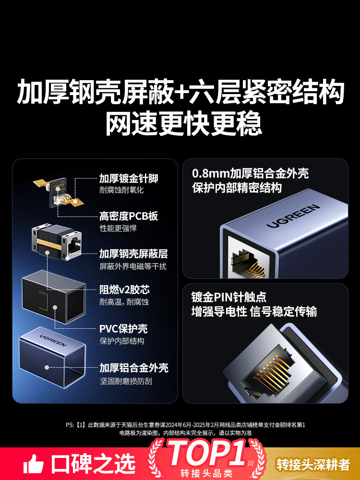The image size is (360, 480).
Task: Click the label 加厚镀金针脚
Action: click(x=129, y=178)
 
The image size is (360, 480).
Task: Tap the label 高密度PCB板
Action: click(x=129, y=216)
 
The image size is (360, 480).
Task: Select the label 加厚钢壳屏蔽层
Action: click(x=133, y=254)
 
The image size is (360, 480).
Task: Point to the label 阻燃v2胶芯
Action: click(x=124, y=289)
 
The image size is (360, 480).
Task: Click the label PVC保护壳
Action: click(x=123, y=328)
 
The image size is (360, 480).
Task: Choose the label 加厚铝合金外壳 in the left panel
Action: click(x=134, y=368)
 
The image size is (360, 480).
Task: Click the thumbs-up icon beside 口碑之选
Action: click(x=34, y=464)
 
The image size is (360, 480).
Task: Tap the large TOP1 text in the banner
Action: click(x=207, y=454)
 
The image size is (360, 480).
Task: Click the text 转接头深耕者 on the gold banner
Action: click(x=313, y=464)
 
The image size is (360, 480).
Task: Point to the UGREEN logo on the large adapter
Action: click(x=293, y=216)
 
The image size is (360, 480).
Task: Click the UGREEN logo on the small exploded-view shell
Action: click(x=53, y=340)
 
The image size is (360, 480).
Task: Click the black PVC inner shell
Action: click(x=54, y=296)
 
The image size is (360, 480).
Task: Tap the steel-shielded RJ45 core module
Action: click(x=57, y=242)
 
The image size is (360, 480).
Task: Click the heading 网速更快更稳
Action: click(x=184, y=124)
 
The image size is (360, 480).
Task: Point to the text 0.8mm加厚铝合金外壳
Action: click(x=250, y=174)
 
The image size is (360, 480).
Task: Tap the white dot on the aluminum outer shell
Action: click(x=47, y=367)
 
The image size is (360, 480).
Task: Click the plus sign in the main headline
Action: click(x=181, y=91)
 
